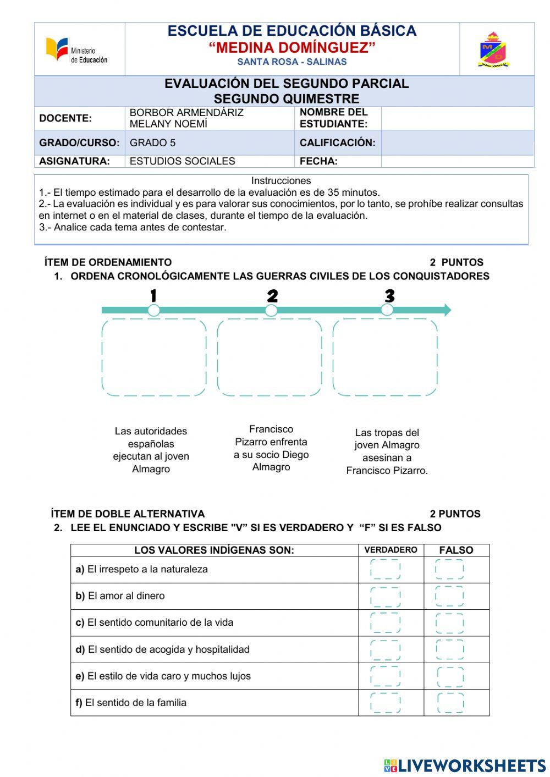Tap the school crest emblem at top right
(x=493, y=50)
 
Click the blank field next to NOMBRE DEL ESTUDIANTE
(x=457, y=118)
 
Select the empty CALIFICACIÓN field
(x=457, y=142)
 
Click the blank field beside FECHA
(x=457, y=161)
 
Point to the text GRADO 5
(x=153, y=143)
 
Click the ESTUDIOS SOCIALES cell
(x=182, y=161)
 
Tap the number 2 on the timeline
(x=272, y=296)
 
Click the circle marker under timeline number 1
(x=154, y=310)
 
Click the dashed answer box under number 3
(x=385, y=357)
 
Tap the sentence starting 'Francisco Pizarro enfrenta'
(x=271, y=448)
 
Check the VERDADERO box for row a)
(x=386, y=570)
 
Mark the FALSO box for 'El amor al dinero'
(x=450, y=596)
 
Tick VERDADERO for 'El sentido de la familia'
(x=386, y=703)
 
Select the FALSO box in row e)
(x=450, y=676)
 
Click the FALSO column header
(x=456, y=550)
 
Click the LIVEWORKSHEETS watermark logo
(x=465, y=765)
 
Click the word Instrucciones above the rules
(x=281, y=180)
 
